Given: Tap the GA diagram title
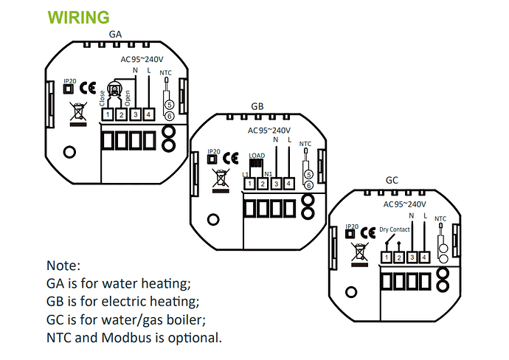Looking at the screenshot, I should tap(115, 34).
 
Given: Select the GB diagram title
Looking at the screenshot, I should tap(257, 108).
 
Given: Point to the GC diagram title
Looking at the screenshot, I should tap(392, 180).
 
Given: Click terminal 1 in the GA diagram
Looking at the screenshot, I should tap(107, 114).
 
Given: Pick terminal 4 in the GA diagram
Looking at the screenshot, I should tap(149, 114).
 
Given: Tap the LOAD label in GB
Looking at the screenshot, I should tap(257, 156).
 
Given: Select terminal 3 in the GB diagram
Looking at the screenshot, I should tap(275, 183).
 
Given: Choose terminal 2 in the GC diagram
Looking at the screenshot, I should tap(398, 257).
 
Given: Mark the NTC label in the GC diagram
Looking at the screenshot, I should tap(440, 218).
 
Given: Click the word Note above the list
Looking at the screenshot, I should tap(62, 265).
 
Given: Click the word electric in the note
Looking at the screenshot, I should tap(127, 301).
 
